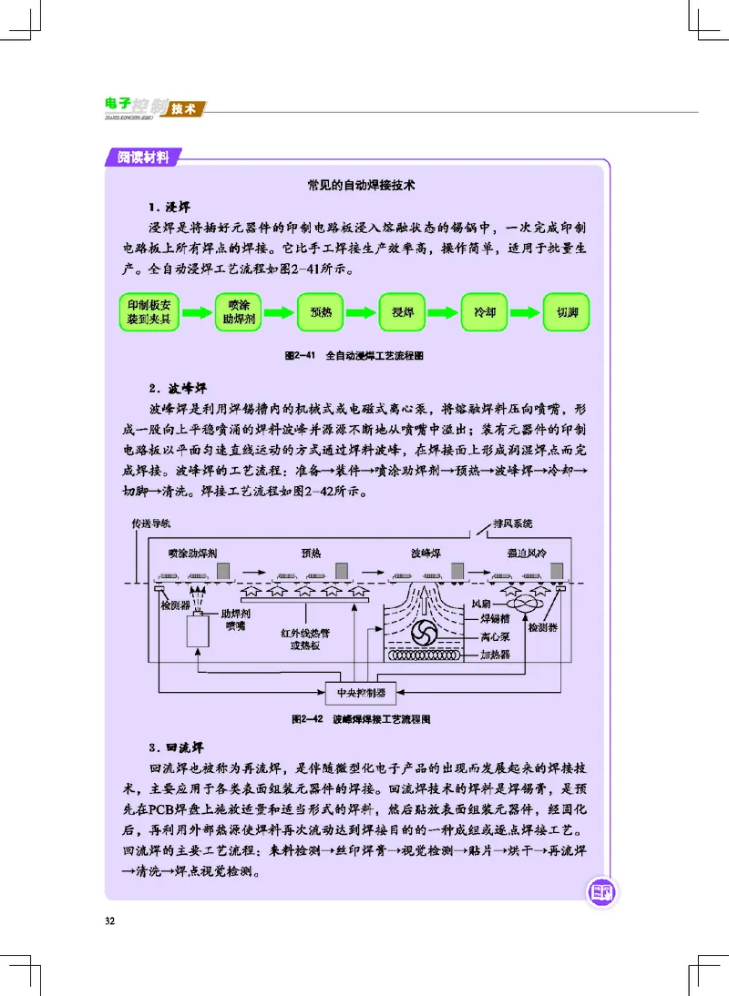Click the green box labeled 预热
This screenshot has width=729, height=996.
(x=321, y=312)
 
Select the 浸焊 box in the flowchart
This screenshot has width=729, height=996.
(x=402, y=312)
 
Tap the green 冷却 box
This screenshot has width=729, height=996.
(x=484, y=312)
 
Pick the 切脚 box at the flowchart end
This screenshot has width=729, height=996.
(x=566, y=312)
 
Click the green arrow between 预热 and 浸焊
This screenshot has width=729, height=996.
(x=362, y=312)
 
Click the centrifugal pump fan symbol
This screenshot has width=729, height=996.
(x=424, y=633)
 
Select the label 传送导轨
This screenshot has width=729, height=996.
(x=150, y=523)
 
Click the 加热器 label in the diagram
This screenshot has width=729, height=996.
(x=495, y=655)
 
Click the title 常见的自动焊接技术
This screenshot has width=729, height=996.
(x=362, y=185)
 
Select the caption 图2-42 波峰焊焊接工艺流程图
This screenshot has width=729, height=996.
(x=361, y=719)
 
